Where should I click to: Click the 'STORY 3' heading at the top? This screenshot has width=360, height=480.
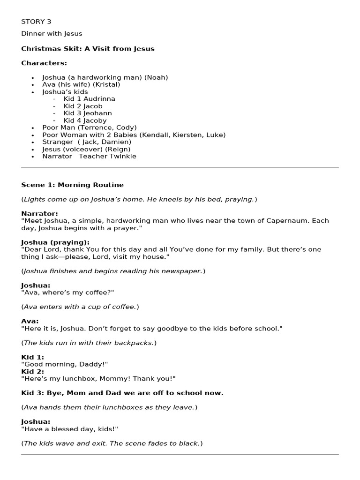[x=36, y=22]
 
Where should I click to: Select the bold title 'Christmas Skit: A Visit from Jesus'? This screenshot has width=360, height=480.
[x=88, y=49]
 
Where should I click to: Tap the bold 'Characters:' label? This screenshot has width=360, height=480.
[x=44, y=63]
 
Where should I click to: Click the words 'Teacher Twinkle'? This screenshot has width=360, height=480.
[x=107, y=156]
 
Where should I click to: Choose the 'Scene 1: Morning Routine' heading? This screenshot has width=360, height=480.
[x=72, y=185]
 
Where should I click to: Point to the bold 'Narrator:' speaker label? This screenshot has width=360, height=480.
[x=39, y=214]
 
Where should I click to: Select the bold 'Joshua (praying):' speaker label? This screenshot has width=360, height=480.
[x=55, y=242]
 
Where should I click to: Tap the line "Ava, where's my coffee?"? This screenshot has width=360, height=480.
[x=67, y=292]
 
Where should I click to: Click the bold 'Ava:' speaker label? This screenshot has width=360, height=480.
[x=30, y=321]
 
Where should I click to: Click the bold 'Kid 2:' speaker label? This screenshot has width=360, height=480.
[x=32, y=371]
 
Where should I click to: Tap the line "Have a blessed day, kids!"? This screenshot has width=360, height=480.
[x=69, y=429]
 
